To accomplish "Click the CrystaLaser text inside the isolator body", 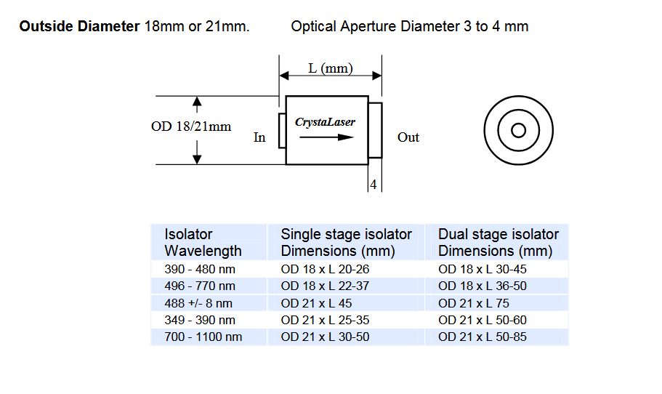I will coord(325,122).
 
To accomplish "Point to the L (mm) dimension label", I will coord(330,68).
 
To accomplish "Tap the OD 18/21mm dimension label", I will coord(191,126).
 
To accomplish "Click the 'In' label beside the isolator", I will coord(259,137).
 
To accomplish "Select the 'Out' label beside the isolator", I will coord(408,137).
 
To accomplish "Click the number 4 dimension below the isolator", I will coord(373,185).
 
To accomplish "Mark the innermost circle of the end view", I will coord(518,131).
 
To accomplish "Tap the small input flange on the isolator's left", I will coord(282,131).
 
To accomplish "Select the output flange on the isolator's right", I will coord(375,130).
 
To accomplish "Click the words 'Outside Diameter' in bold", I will coord(80,27).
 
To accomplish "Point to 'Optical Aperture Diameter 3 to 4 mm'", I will coord(410,27).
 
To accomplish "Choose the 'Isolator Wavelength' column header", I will coord(203,243).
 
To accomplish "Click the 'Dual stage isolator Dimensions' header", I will coord(498,243).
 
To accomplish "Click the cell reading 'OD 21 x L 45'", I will coord(316,303).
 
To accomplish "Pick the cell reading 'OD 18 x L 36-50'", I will coord(483,286).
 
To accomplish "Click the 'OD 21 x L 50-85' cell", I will coord(483,337).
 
